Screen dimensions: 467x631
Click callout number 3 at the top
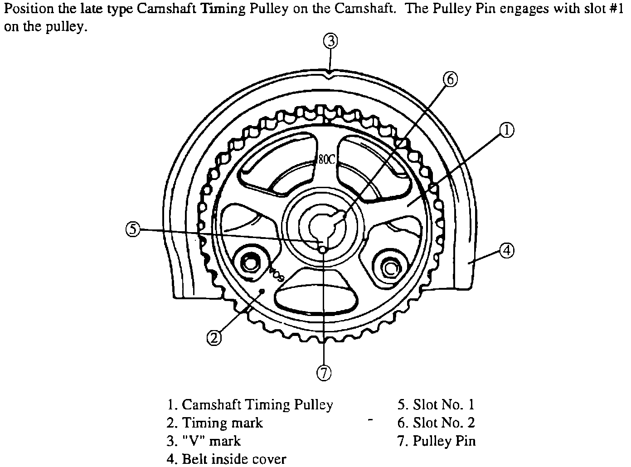click(x=330, y=41)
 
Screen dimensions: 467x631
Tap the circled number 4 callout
click(x=507, y=250)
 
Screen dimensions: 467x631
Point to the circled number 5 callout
click(x=132, y=229)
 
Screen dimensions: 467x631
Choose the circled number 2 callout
click(x=214, y=337)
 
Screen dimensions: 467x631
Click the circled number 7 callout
click(x=324, y=373)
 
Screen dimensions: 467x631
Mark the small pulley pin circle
click(x=322, y=249)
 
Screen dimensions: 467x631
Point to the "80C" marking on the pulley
click(x=325, y=159)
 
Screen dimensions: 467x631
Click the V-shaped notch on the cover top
click(x=330, y=73)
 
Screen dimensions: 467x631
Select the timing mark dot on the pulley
click(x=261, y=291)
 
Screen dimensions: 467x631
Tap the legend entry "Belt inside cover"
click(x=226, y=459)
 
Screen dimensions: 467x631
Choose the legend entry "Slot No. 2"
click(x=436, y=423)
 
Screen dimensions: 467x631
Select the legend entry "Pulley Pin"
click(x=437, y=441)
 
